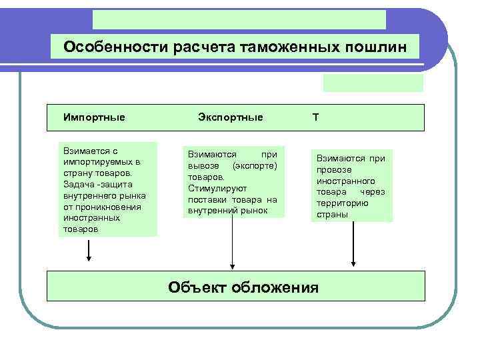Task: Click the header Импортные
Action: pyautogui.click(x=94, y=117)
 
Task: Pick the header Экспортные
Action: pyautogui.click(x=231, y=117)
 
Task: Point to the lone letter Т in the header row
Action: pyautogui.click(x=315, y=117)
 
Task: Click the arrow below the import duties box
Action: pyautogui.click(x=89, y=252)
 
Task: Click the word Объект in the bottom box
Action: pyautogui.click(x=197, y=287)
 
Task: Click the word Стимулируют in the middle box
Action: pyautogui.click(x=213, y=187)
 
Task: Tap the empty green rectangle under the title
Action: pyautogui.click(x=373, y=82)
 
